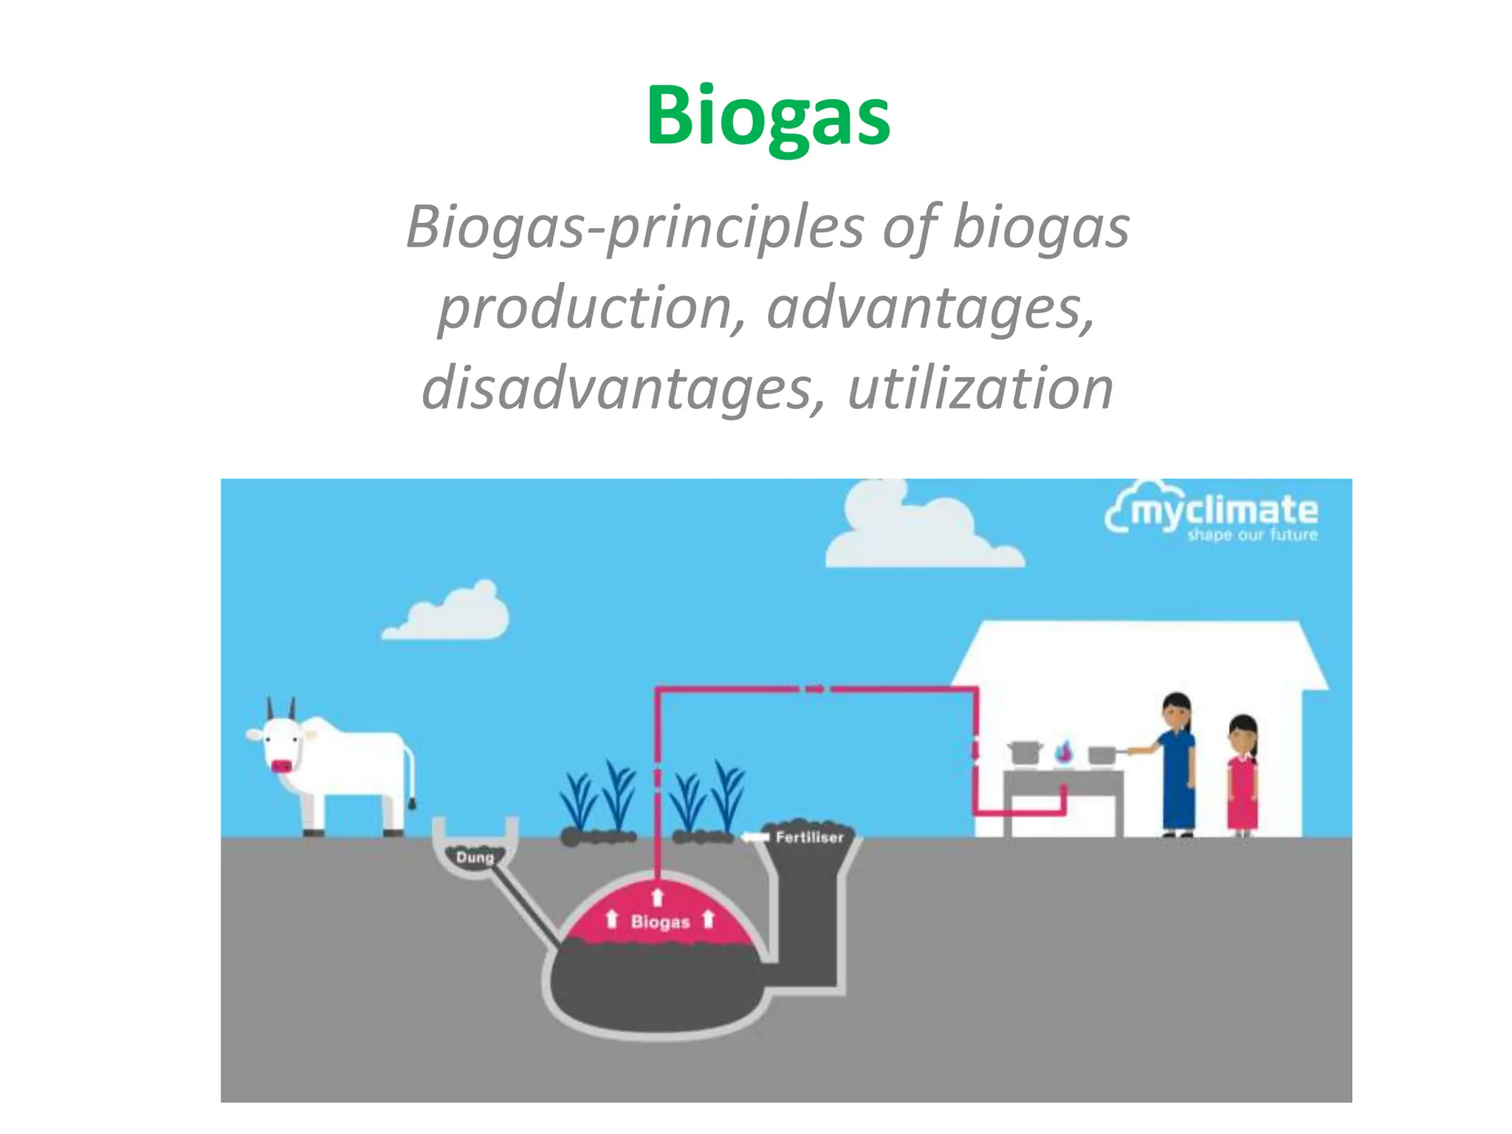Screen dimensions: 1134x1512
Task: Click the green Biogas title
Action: click(768, 116)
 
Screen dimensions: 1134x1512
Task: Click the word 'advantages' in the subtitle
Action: click(929, 308)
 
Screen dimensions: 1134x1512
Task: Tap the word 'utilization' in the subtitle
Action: click(980, 389)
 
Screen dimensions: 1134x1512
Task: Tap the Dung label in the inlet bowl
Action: click(475, 857)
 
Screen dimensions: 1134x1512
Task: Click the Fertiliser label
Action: click(809, 837)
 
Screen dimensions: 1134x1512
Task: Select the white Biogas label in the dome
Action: click(660, 921)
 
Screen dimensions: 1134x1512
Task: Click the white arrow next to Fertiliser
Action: click(755, 837)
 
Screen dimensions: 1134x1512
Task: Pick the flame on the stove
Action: click(1063, 751)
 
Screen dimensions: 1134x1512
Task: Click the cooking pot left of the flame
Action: click(1025, 752)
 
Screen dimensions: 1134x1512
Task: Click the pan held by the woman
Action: click(1102, 755)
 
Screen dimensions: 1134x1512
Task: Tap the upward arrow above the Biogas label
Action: click(658, 897)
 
